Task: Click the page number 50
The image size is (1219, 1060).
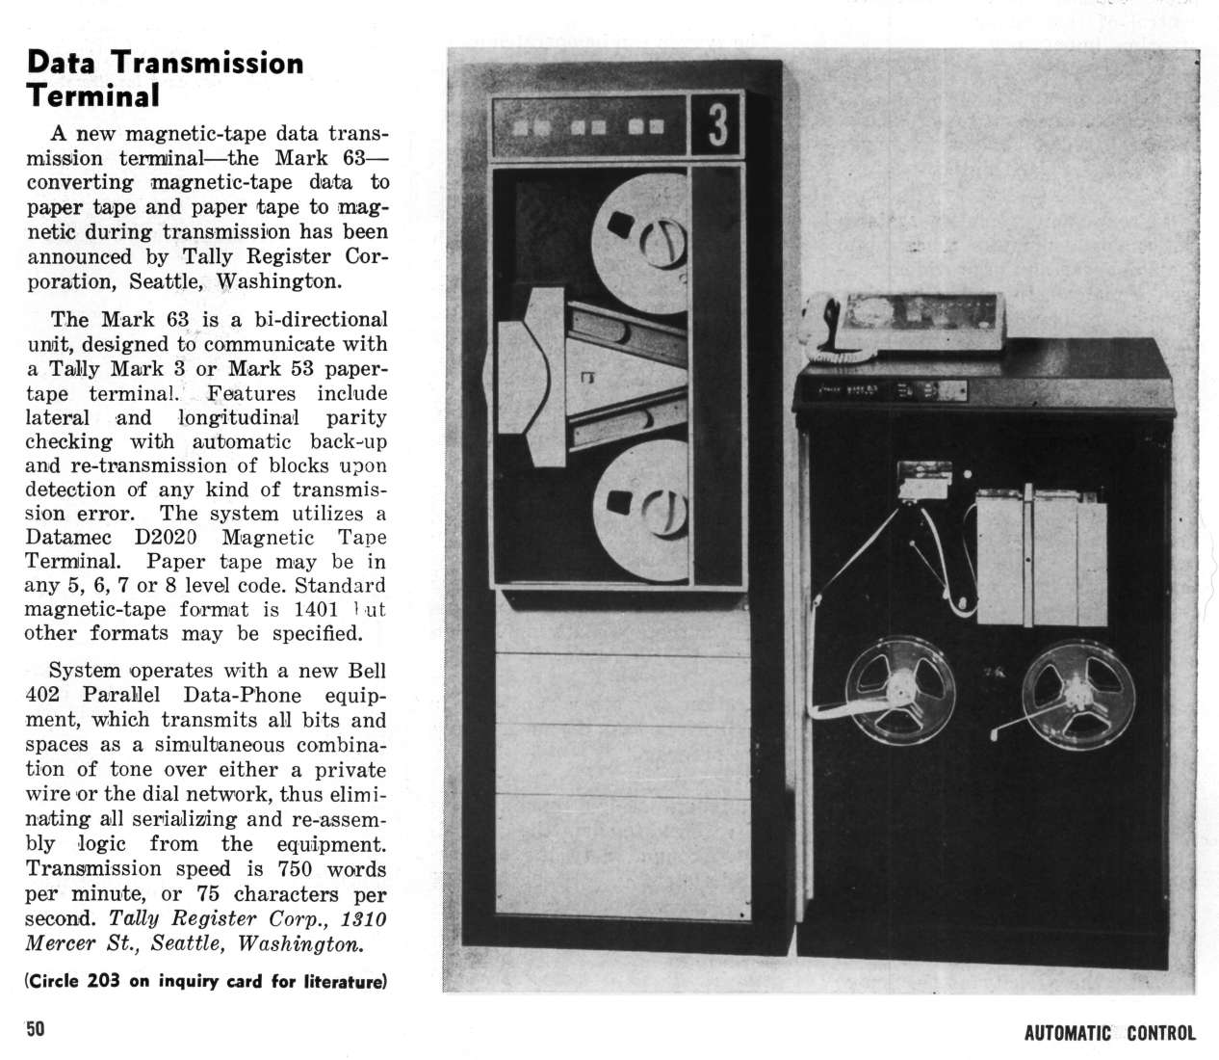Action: point(36,1029)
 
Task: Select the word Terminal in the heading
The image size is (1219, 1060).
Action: point(92,95)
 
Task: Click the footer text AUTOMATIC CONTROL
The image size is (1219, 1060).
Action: point(1109,1034)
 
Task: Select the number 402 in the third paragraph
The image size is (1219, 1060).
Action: point(43,695)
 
